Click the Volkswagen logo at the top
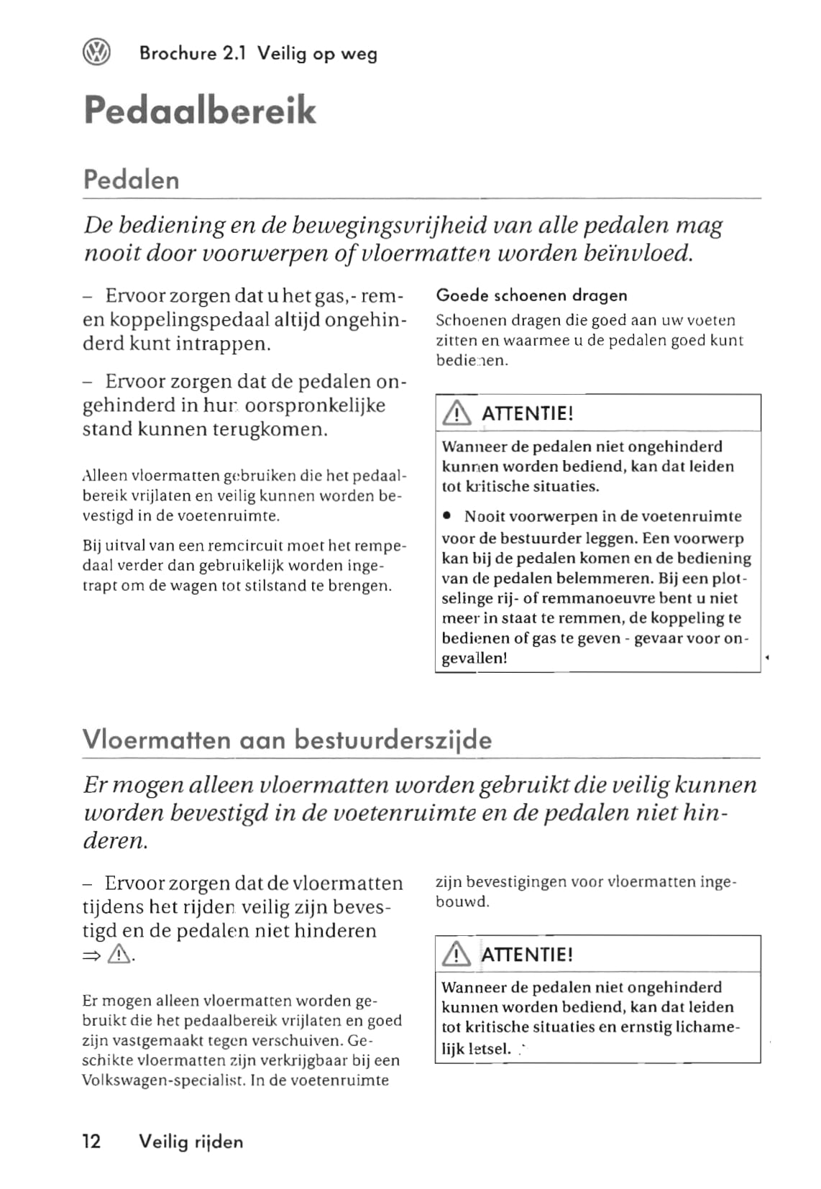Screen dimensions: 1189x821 [x=97, y=52]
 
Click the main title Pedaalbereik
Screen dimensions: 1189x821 [x=200, y=110]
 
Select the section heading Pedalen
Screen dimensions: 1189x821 [x=131, y=179]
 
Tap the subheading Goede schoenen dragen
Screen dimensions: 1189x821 [x=531, y=295]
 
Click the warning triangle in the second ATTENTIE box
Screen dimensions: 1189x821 [x=457, y=955]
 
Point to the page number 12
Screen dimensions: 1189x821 [x=91, y=1141]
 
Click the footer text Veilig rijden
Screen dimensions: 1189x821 [x=191, y=1141]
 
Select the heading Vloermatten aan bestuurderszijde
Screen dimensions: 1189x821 [x=287, y=740]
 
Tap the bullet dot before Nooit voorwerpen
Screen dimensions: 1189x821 [x=447, y=516]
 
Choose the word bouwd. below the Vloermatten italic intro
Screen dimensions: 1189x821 [x=462, y=901]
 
